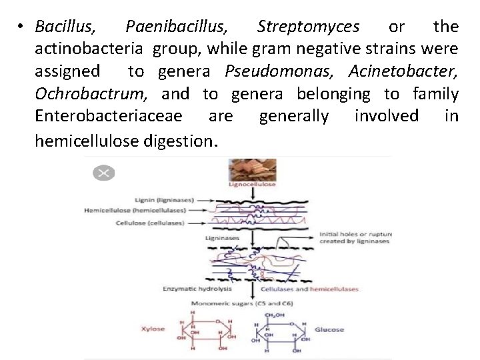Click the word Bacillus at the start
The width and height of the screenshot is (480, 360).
65,27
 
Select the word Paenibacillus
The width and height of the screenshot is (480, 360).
176,27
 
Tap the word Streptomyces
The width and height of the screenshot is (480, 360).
308,27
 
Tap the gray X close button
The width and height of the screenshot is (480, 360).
103,173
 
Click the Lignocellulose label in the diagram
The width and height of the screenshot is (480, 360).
251,184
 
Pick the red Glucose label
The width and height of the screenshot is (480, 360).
329,329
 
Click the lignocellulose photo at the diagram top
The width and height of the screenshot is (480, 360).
251,169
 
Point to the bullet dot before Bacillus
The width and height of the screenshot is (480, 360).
22,27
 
